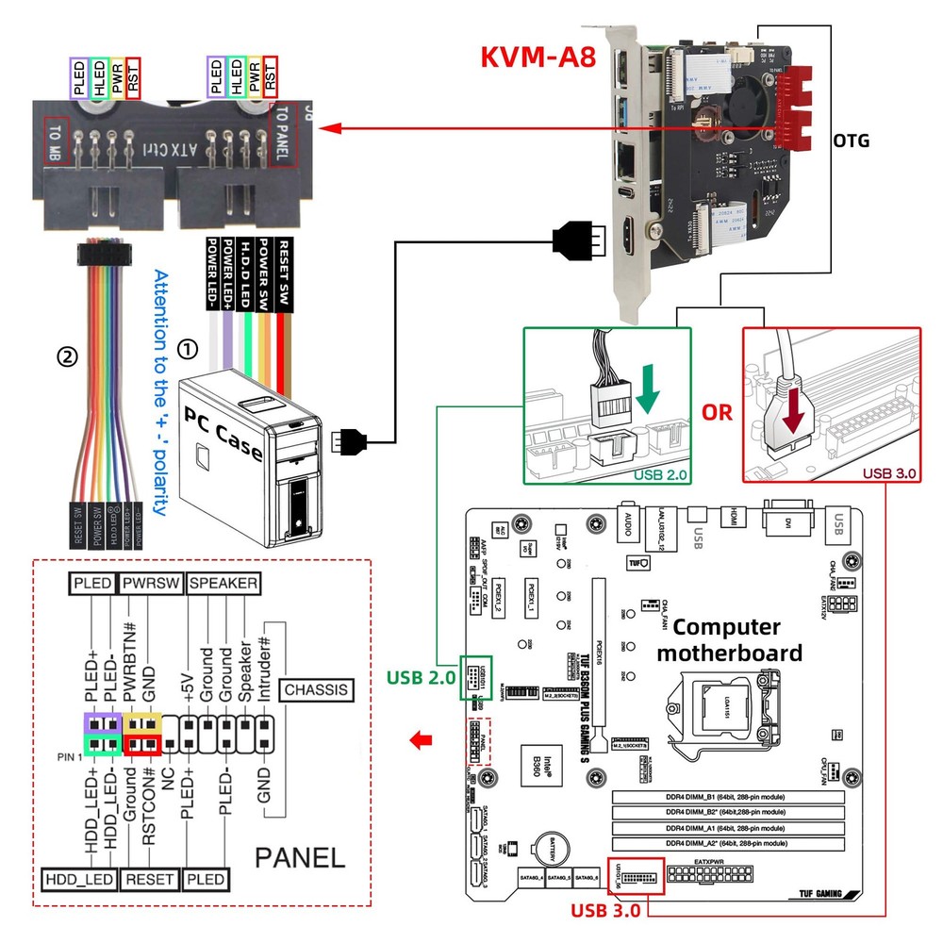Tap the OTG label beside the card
851,141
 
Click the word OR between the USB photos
717,413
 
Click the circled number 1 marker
189,349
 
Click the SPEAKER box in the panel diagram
223,584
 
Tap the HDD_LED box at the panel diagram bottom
79,879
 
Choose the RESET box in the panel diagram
151,879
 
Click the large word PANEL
300,856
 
